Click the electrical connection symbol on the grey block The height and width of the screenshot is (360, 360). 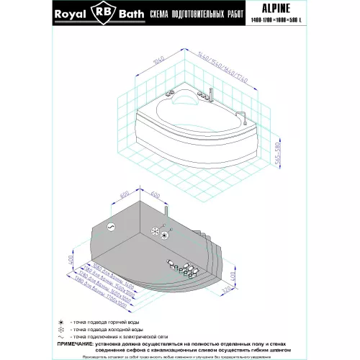109,225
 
